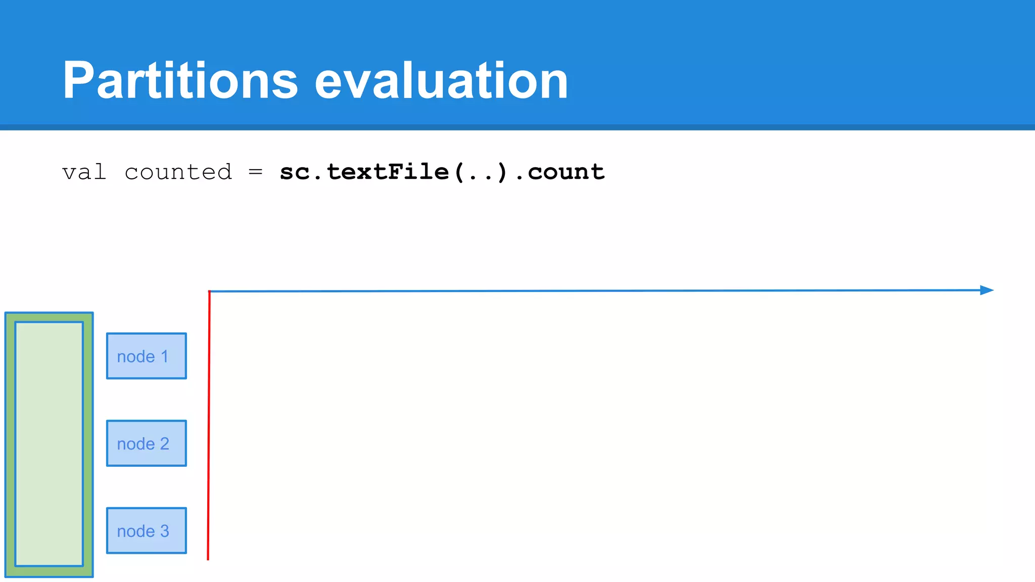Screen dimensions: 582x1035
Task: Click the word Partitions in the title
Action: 180,81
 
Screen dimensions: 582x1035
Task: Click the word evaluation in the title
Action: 441,81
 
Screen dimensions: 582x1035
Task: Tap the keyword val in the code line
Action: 84,172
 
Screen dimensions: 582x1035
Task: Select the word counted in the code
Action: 178,172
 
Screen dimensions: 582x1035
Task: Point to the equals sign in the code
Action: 255,172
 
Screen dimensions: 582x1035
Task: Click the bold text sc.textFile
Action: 364,172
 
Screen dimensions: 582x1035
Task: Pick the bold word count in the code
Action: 566,172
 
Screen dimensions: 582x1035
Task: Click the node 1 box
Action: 147,356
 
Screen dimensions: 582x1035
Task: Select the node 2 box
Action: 147,443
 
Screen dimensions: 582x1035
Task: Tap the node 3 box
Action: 147,530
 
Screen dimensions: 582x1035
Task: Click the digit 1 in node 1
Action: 164,357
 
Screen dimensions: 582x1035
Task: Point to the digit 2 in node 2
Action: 164,444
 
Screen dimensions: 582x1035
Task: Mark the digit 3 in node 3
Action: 164,531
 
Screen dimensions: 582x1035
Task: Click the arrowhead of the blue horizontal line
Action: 986,290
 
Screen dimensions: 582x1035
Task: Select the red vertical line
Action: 209,424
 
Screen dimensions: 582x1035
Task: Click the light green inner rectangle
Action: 49,444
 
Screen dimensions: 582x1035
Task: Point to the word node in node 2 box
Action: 136,444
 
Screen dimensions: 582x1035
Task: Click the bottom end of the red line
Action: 208,558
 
